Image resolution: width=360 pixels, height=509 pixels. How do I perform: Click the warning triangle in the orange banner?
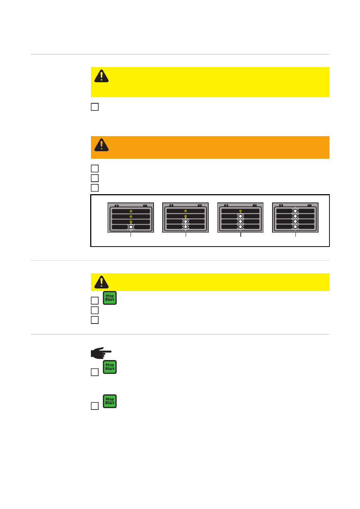102,145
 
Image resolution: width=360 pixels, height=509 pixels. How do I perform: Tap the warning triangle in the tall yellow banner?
102,76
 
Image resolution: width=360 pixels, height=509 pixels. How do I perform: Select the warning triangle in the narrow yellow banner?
102,282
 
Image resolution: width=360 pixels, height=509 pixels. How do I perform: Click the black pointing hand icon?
101,353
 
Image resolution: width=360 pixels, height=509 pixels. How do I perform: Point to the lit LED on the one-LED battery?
131,227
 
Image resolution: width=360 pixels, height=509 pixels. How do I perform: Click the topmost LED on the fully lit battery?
295,211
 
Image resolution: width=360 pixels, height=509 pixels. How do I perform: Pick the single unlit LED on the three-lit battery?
240,211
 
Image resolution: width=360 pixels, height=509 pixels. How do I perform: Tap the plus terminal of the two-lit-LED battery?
171,205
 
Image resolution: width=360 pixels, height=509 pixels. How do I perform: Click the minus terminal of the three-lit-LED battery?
255,205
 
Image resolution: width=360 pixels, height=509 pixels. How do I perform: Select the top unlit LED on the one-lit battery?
131,211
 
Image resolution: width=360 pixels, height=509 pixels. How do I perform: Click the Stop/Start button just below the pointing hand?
109,367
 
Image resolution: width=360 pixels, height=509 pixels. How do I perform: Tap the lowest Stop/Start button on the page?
109,401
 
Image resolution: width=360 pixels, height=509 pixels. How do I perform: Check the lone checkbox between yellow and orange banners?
95,107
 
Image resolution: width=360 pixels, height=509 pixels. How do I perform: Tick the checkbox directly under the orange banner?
95,169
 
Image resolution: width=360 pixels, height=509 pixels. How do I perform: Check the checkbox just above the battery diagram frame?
95,188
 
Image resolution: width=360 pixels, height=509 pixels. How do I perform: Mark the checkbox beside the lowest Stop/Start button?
95,406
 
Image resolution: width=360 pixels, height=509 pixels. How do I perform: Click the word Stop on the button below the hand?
109,365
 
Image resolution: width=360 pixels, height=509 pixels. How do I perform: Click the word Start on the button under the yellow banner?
109,300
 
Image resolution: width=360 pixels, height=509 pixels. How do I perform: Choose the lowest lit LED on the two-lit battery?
186,227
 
